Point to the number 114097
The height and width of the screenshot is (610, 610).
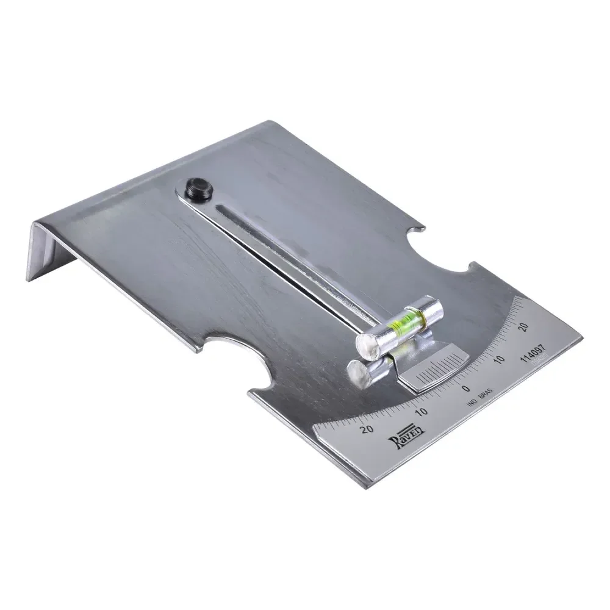click(534, 353)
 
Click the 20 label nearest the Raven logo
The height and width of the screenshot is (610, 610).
click(367, 429)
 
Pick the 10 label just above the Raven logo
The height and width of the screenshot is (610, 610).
click(422, 411)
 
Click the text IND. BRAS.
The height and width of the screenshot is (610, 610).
click(480, 398)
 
